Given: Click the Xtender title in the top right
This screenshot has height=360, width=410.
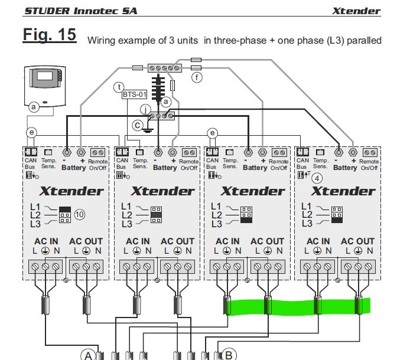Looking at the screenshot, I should tap(356, 11).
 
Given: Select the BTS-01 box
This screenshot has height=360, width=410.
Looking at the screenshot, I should tap(131, 94).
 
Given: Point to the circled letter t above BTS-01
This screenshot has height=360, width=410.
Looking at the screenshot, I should tap(121, 86).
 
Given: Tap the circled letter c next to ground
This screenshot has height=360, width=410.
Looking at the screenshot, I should tap(138, 125).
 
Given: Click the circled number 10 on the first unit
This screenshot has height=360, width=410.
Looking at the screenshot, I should tap(80, 215).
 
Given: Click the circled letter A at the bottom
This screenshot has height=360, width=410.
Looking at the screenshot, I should tap(88, 355).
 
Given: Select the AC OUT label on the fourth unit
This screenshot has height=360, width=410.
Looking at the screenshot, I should tap(357, 241).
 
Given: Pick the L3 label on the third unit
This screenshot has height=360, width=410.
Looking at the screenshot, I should tap(216, 224).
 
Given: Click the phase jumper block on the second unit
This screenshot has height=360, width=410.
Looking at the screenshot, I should tap(157, 215).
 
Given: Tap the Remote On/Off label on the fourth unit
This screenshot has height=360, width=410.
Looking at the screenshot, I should tap(369, 165).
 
